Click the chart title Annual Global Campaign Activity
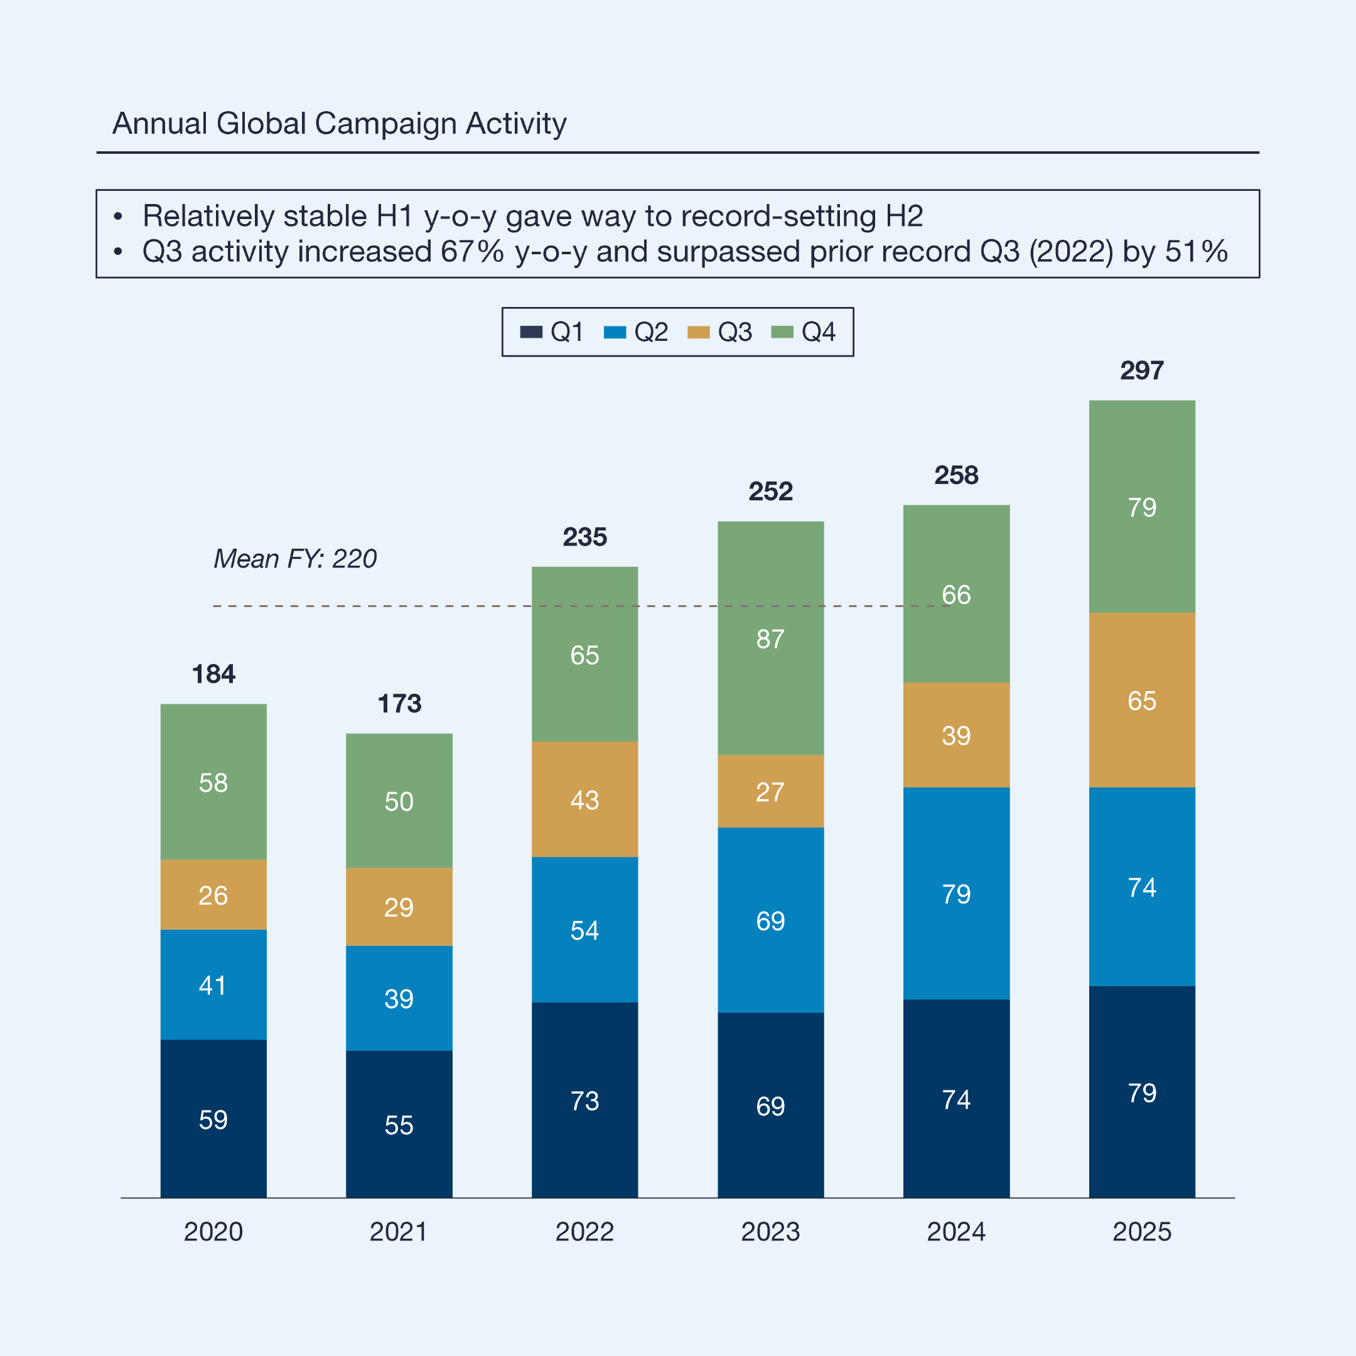pos(339,124)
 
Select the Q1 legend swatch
pos(530,332)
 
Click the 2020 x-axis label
pos(213,1232)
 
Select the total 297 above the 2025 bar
pos(1141,370)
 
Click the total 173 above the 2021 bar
pos(399,703)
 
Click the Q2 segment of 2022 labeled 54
pos(584,930)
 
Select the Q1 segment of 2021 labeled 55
pos(399,1125)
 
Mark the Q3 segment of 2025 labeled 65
pos(1141,701)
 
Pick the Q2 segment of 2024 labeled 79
pos(956,893)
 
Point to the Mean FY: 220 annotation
pos(295,559)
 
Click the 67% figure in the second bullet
pos(471,252)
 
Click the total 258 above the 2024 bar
pos(956,475)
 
